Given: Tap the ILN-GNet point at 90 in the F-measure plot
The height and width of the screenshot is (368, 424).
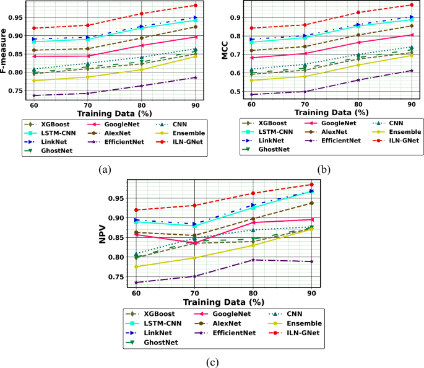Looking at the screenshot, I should pyautogui.click(x=195, y=6).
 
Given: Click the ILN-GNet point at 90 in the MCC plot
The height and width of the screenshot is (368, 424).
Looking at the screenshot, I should pyautogui.click(x=410, y=5).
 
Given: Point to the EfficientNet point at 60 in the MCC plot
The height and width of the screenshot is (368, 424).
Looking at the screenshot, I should pyautogui.click(x=251, y=94).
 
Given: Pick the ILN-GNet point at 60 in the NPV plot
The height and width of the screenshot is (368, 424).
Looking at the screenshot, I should pyautogui.click(x=136, y=210).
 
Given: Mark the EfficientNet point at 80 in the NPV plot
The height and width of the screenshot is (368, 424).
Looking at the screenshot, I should pyautogui.click(x=253, y=260).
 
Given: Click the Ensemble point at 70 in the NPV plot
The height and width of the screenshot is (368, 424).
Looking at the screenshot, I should pyautogui.click(x=194, y=258).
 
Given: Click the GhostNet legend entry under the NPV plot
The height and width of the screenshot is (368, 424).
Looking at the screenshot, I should pyautogui.click(x=160, y=342).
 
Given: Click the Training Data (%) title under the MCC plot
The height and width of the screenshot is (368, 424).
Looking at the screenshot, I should pyautogui.click(x=331, y=113).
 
